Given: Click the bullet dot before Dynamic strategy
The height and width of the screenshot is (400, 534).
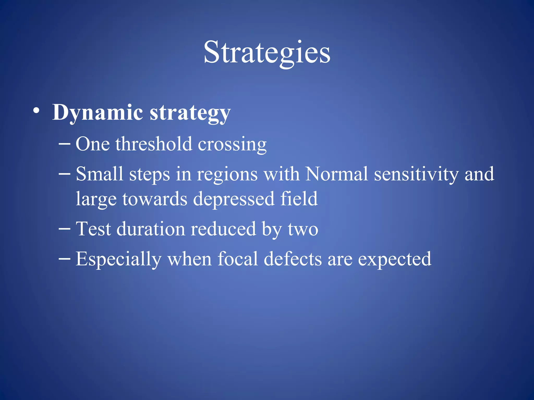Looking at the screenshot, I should tap(37, 111).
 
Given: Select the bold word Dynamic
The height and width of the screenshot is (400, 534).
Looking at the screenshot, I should tap(98, 113).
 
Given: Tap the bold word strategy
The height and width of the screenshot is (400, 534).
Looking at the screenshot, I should tap(190, 113).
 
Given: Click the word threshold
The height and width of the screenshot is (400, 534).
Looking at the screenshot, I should tap(154, 144).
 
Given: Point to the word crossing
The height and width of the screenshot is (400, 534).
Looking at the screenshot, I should tap(232, 145).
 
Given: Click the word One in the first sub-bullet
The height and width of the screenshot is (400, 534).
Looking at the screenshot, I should tap(93, 144).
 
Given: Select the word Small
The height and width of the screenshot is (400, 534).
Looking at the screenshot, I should tap(99, 174).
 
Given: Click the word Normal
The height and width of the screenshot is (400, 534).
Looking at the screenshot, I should tap(337, 174).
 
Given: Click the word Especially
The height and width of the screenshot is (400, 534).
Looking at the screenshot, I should tap(119, 259).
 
